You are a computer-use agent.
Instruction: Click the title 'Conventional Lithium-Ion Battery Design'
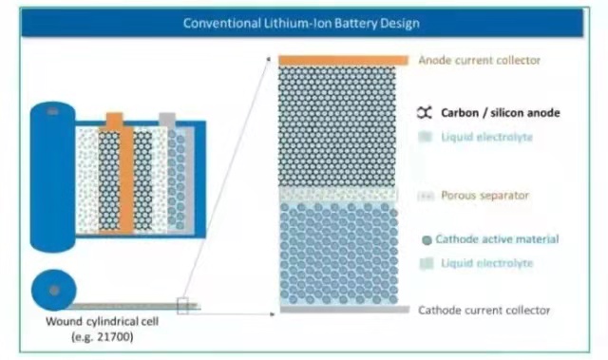click(301, 23)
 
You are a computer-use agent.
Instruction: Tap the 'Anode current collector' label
click(479, 60)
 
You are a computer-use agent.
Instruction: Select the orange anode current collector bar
click(343, 61)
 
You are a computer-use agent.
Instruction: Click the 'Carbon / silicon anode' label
click(501, 113)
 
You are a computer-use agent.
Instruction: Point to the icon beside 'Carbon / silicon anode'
click(425, 113)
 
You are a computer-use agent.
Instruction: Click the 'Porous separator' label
click(484, 195)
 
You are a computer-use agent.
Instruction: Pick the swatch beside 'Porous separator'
click(426, 196)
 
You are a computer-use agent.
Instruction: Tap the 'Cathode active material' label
click(497, 239)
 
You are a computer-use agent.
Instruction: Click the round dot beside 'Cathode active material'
click(427, 240)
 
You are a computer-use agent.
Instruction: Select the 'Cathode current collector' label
click(484, 310)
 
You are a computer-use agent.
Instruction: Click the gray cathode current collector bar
click(345, 310)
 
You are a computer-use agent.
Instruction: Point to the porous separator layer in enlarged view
click(338, 195)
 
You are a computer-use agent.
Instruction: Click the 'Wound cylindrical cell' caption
click(102, 321)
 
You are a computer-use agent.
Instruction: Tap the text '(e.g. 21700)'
click(103, 336)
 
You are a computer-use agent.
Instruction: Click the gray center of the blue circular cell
click(54, 290)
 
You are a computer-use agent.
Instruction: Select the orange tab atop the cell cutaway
click(114, 120)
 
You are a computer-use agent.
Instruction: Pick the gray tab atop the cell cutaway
click(167, 120)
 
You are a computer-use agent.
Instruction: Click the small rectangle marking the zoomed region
click(182, 306)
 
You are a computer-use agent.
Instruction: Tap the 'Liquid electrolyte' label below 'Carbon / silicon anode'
click(486, 137)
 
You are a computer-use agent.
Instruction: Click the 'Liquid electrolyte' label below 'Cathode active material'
click(487, 263)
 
